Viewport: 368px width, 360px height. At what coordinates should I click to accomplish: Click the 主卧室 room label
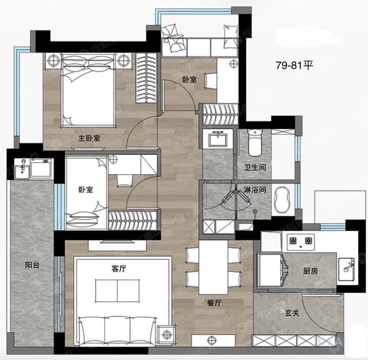(89, 138)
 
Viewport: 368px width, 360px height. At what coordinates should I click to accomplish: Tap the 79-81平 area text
(295, 65)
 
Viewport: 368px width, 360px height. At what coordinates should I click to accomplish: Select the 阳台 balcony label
(32, 265)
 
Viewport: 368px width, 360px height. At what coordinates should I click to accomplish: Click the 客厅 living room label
(119, 268)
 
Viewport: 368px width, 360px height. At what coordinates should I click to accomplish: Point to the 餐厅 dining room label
(214, 303)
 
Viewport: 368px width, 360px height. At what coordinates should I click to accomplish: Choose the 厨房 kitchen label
(310, 271)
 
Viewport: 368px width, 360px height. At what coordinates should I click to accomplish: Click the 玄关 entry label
(292, 313)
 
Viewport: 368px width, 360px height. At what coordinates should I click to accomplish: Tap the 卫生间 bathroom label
(255, 168)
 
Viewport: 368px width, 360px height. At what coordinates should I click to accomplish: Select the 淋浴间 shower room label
(255, 189)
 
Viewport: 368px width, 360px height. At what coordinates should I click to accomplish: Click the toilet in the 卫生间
(255, 143)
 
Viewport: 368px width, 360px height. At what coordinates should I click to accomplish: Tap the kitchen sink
(346, 269)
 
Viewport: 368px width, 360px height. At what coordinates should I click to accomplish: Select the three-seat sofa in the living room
(117, 331)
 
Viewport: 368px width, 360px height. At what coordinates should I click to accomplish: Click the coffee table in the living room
(117, 291)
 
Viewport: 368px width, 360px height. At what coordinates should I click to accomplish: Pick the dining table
(213, 267)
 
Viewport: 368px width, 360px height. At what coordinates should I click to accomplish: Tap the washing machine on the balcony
(41, 168)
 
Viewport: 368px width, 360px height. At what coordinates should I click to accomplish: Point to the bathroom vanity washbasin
(217, 138)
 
